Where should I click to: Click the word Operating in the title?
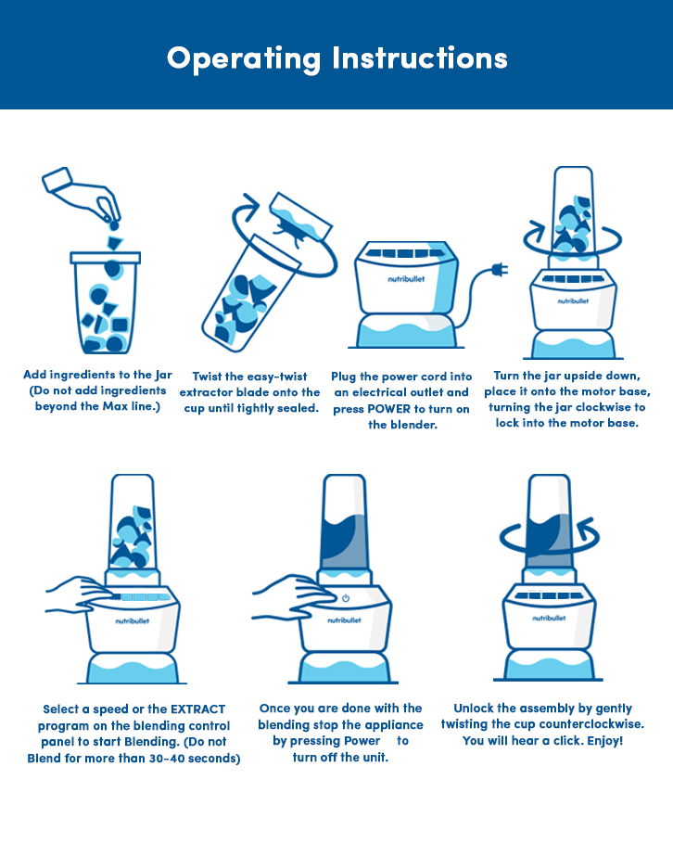[x=244, y=59]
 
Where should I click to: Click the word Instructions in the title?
[x=420, y=57]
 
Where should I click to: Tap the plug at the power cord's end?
[x=500, y=269]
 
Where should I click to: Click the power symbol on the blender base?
[x=346, y=598]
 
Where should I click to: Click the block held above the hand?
[x=57, y=180]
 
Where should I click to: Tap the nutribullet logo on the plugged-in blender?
[x=406, y=279]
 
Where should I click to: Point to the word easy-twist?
[x=277, y=377]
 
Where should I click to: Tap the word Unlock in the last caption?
[x=474, y=708]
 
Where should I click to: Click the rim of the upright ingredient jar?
[x=106, y=258]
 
